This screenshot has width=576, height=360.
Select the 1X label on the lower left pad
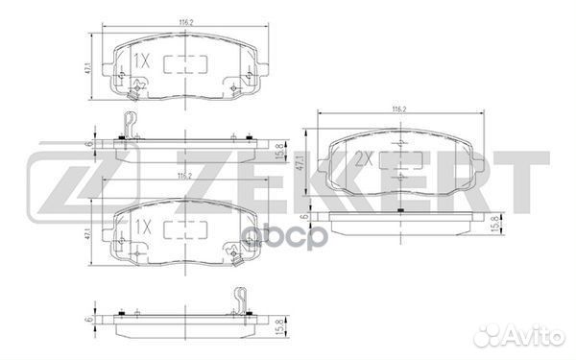tap(142, 228)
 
